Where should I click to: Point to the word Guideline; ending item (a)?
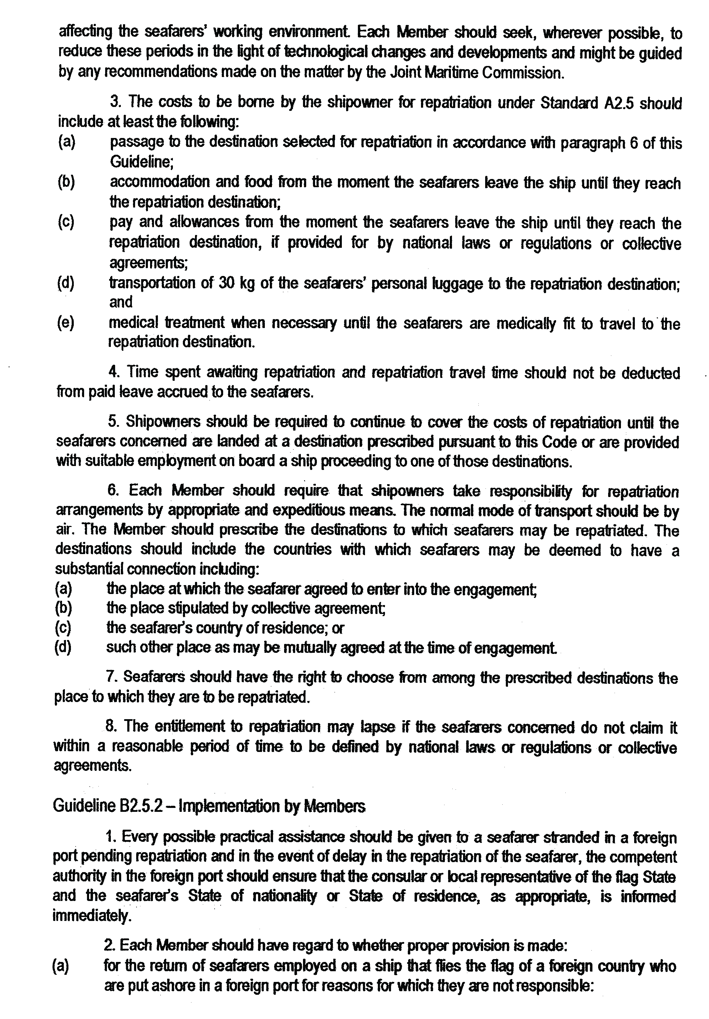pos(142,163)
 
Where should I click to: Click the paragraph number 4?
pos(113,372)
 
